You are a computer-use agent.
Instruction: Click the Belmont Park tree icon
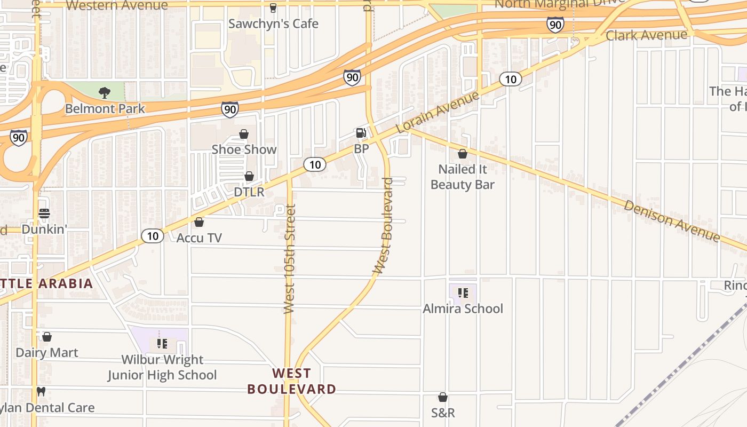click(105, 93)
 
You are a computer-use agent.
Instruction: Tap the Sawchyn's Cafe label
click(273, 23)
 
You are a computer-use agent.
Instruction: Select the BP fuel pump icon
click(361, 133)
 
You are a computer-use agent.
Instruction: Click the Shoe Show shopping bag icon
click(244, 133)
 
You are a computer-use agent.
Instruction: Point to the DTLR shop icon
click(249, 176)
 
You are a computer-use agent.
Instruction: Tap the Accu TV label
click(199, 238)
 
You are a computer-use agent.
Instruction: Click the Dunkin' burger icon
click(44, 213)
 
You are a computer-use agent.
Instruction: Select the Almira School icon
click(463, 292)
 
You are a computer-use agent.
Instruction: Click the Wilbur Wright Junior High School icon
click(162, 343)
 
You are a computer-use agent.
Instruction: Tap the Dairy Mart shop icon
click(47, 337)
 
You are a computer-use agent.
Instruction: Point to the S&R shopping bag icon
click(443, 397)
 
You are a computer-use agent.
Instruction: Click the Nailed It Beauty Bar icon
click(463, 154)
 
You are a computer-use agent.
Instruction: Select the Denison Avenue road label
click(672, 220)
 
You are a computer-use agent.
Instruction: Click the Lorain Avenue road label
click(438, 113)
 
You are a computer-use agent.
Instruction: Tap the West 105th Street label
click(290, 259)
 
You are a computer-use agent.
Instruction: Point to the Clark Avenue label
click(647, 36)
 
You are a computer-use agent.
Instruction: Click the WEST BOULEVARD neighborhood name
click(291, 381)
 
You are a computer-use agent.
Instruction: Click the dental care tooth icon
click(41, 391)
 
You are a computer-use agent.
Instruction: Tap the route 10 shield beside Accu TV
click(153, 235)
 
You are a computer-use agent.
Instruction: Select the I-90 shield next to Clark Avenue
click(555, 24)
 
